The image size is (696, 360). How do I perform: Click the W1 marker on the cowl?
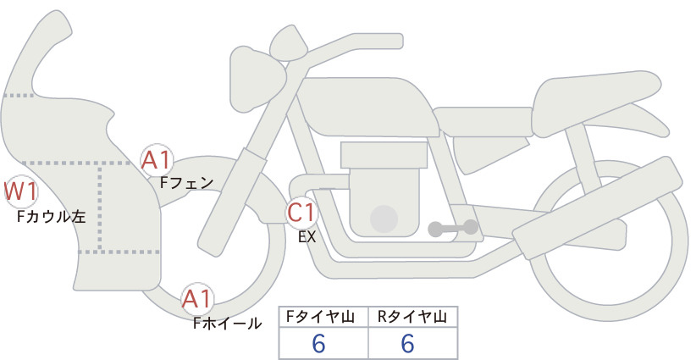point(20,192)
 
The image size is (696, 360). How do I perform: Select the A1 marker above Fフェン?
point(156,160)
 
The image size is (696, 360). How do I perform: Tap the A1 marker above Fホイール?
point(197,299)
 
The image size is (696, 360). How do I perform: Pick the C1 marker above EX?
point(301,212)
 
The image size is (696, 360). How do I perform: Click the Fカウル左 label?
point(51,217)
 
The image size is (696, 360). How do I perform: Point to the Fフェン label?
point(187,182)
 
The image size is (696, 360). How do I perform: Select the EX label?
point(307,237)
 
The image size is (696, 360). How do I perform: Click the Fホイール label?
point(227,324)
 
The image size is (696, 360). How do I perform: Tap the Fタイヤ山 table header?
point(320,317)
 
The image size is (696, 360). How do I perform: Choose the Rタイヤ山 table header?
point(412,317)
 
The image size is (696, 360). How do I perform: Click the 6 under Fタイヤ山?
point(318,343)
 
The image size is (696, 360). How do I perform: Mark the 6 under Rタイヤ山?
point(407,343)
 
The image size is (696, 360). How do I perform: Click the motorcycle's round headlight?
point(257,79)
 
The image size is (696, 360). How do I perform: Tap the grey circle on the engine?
point(384,219)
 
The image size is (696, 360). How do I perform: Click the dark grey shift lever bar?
point(453,228)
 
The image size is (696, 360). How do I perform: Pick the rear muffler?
point(598,202)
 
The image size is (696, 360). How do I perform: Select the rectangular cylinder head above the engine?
point(384,155)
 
